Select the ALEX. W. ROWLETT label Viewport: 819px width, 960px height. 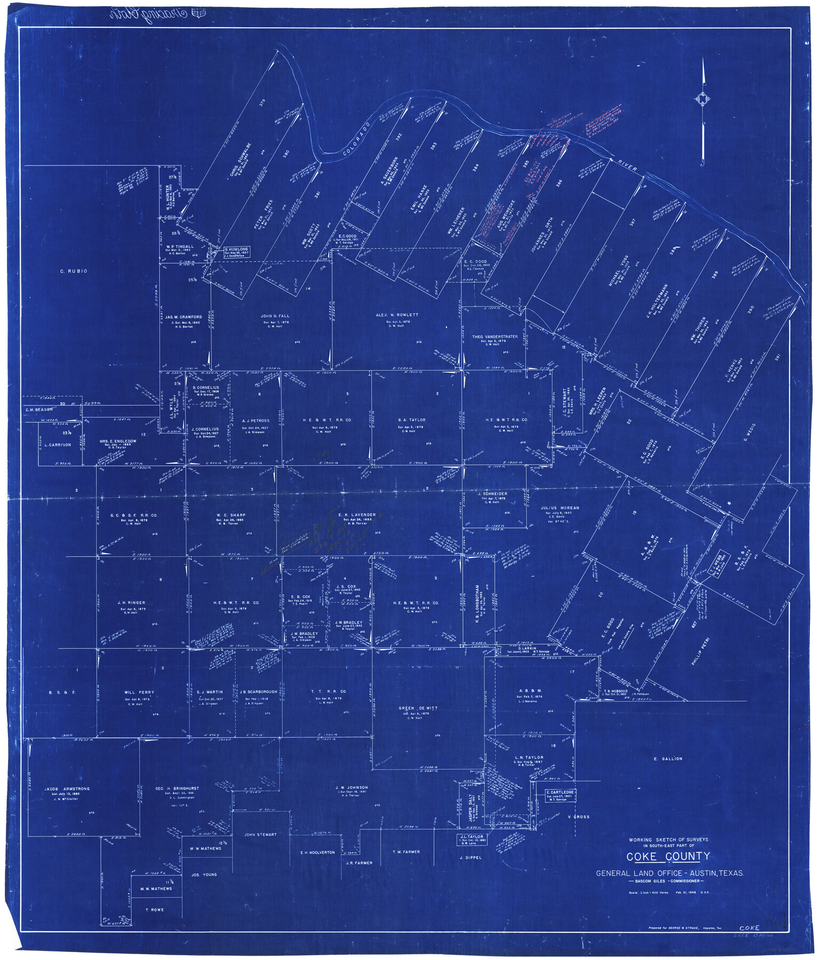pos(396,315)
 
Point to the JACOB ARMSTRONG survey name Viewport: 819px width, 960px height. pos(67,788)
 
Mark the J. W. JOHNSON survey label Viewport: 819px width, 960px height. pos(351,787)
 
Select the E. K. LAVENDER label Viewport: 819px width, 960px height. pos(356,515)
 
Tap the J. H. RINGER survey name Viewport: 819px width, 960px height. pos(131,603)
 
